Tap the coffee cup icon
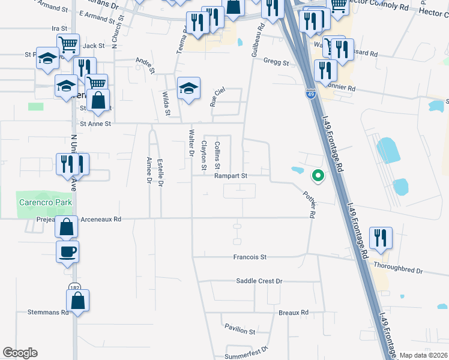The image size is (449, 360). click(x=67, y=251)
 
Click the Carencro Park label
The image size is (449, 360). click(x=44, y=202)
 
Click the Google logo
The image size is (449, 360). click(x=20, y=353)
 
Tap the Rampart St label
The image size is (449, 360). click(x=231, y=176)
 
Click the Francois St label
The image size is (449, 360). click(x=250, y=257)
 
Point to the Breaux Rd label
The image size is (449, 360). click(x=293, y=313)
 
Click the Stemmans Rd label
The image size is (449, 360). click(x=45, y=313)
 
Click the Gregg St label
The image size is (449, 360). click(x=278, y=63)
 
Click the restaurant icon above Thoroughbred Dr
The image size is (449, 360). click(x=381, y=238)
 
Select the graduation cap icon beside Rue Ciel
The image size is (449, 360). click(x=188, y=88)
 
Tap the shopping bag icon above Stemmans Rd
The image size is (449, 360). click(x=78, y=300)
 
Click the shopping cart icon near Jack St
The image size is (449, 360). click(x=68, y=43)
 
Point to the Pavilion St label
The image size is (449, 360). click(x=240, y=331)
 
